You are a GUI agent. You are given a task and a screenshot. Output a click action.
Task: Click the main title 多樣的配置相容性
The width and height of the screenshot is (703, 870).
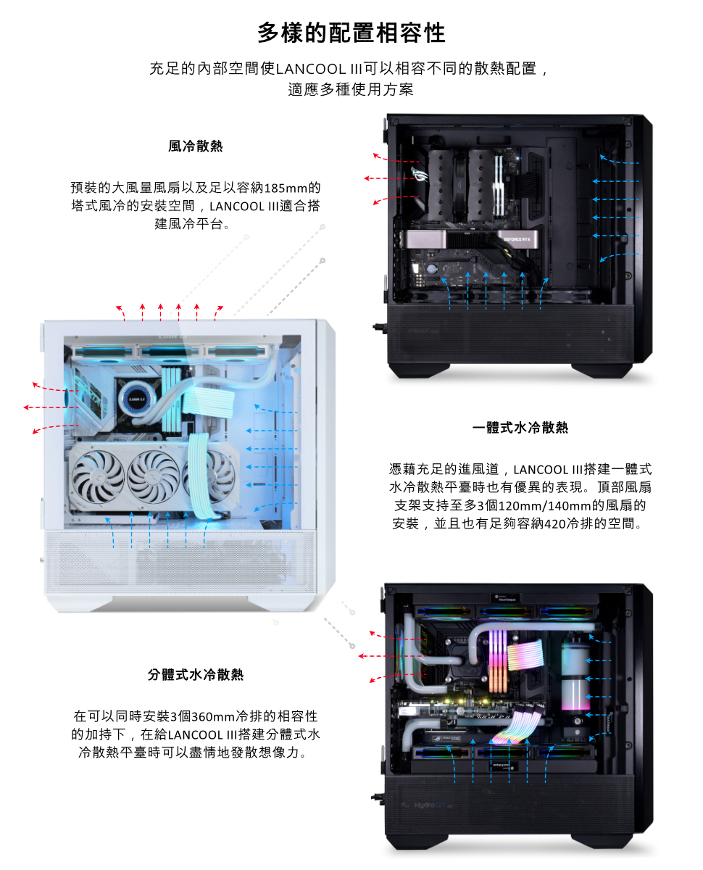351,33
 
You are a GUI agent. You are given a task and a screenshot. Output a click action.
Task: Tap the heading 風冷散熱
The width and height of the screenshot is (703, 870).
195,146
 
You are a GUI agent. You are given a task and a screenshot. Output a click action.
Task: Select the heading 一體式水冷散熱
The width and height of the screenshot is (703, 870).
520,427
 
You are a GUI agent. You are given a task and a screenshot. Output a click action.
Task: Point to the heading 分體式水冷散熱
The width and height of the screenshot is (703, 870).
195,674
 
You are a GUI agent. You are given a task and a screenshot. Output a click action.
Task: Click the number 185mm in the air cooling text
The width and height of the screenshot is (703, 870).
286,188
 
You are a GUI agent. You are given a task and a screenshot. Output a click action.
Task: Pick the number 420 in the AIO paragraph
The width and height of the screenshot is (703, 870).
555,523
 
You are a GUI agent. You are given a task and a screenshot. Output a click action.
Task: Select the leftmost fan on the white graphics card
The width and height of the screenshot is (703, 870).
98,476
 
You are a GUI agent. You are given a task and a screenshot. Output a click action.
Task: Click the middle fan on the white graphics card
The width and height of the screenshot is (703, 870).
153,476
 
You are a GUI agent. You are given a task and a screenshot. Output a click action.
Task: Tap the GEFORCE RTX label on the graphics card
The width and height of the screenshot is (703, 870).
516,239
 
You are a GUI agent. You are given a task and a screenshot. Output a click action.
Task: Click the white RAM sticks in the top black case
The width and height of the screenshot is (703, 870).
499,185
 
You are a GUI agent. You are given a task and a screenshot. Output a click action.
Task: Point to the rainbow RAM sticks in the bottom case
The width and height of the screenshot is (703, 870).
498,660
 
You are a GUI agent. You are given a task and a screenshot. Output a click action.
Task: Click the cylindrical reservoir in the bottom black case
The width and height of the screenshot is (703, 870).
575,674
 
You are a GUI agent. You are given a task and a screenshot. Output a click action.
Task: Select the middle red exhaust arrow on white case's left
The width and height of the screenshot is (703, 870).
51,407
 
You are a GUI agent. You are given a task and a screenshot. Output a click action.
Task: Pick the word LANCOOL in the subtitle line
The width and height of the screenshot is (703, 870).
311,69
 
